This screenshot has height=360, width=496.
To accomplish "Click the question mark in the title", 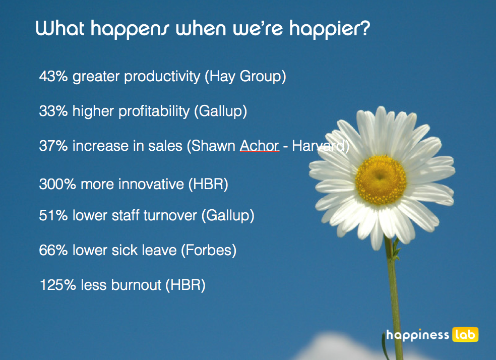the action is tap(364, 28).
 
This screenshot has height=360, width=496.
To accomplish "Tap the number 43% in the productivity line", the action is tap(53, 76).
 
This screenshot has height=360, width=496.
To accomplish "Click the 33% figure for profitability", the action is tap(53, 111).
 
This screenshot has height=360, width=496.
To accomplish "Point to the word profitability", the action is tap(154, 111).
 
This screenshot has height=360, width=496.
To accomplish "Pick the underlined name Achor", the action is tap(260, 146).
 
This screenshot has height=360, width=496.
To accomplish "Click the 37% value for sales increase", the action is tap(53, 146).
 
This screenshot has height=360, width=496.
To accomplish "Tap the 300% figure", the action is tap(57, 184).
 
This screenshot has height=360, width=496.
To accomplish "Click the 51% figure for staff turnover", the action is tap(53, 215).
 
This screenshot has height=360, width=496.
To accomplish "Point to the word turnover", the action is tap(170, 216).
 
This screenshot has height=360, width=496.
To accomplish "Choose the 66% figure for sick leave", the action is tap(53, 250).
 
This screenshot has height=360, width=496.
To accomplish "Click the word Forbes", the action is tap(209, 250).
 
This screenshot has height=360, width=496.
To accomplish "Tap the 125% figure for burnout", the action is tap(58, 285).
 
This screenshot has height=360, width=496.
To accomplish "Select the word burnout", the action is tap(136, 285).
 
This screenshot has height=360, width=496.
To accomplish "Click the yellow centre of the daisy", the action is tap(381, 179).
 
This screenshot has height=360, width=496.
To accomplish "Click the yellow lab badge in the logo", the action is tap(465, 334).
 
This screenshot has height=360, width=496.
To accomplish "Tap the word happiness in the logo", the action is tap(417, 335).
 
